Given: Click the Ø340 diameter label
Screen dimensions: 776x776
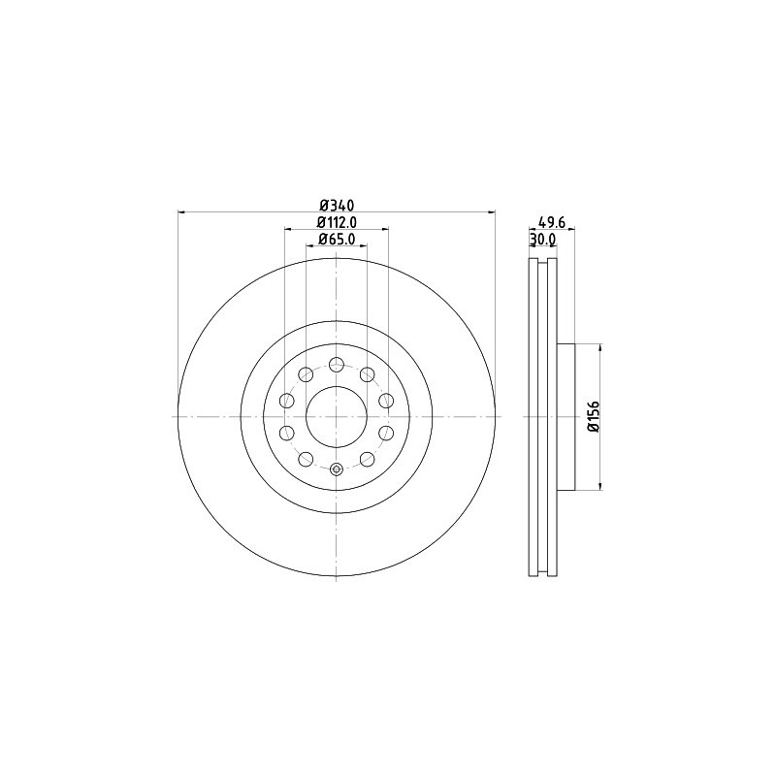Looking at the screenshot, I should (x=337, y=205).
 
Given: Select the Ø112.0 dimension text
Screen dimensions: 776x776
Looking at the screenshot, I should (x=337, y=222).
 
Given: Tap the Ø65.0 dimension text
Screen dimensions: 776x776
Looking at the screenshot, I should (x=337, y=239).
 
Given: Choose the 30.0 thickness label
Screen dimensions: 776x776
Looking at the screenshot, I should (x=542, y=239).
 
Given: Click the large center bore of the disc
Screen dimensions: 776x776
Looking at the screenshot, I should (x=336, y=417).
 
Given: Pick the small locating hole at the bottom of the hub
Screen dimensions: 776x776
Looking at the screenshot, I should (x=336, y=470).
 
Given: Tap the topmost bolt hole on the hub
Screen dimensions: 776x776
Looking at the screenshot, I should (x=336, y=365).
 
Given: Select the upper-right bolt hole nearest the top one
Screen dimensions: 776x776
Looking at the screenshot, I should (x=368, y=374).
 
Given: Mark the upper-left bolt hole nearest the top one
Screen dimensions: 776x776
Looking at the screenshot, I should (x=305, y=374).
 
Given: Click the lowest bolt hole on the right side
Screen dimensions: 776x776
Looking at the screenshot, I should (x=368, y=460).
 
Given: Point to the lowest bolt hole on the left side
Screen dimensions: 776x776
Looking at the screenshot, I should (x=305, y=460).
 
